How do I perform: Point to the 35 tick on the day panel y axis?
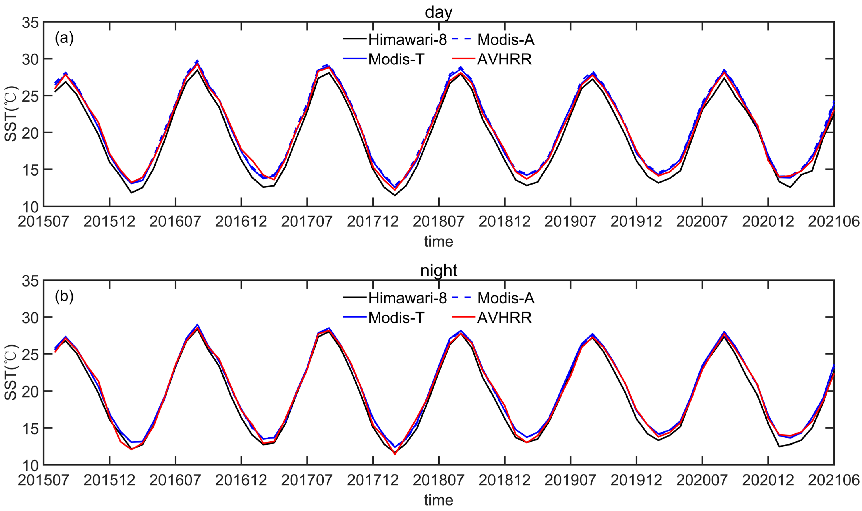point(30,23)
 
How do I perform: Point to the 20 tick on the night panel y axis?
point(30,391)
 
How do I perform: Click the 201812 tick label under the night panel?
point(504,480)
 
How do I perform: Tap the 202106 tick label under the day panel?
point(833,222)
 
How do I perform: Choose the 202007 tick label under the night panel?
point(702,480)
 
